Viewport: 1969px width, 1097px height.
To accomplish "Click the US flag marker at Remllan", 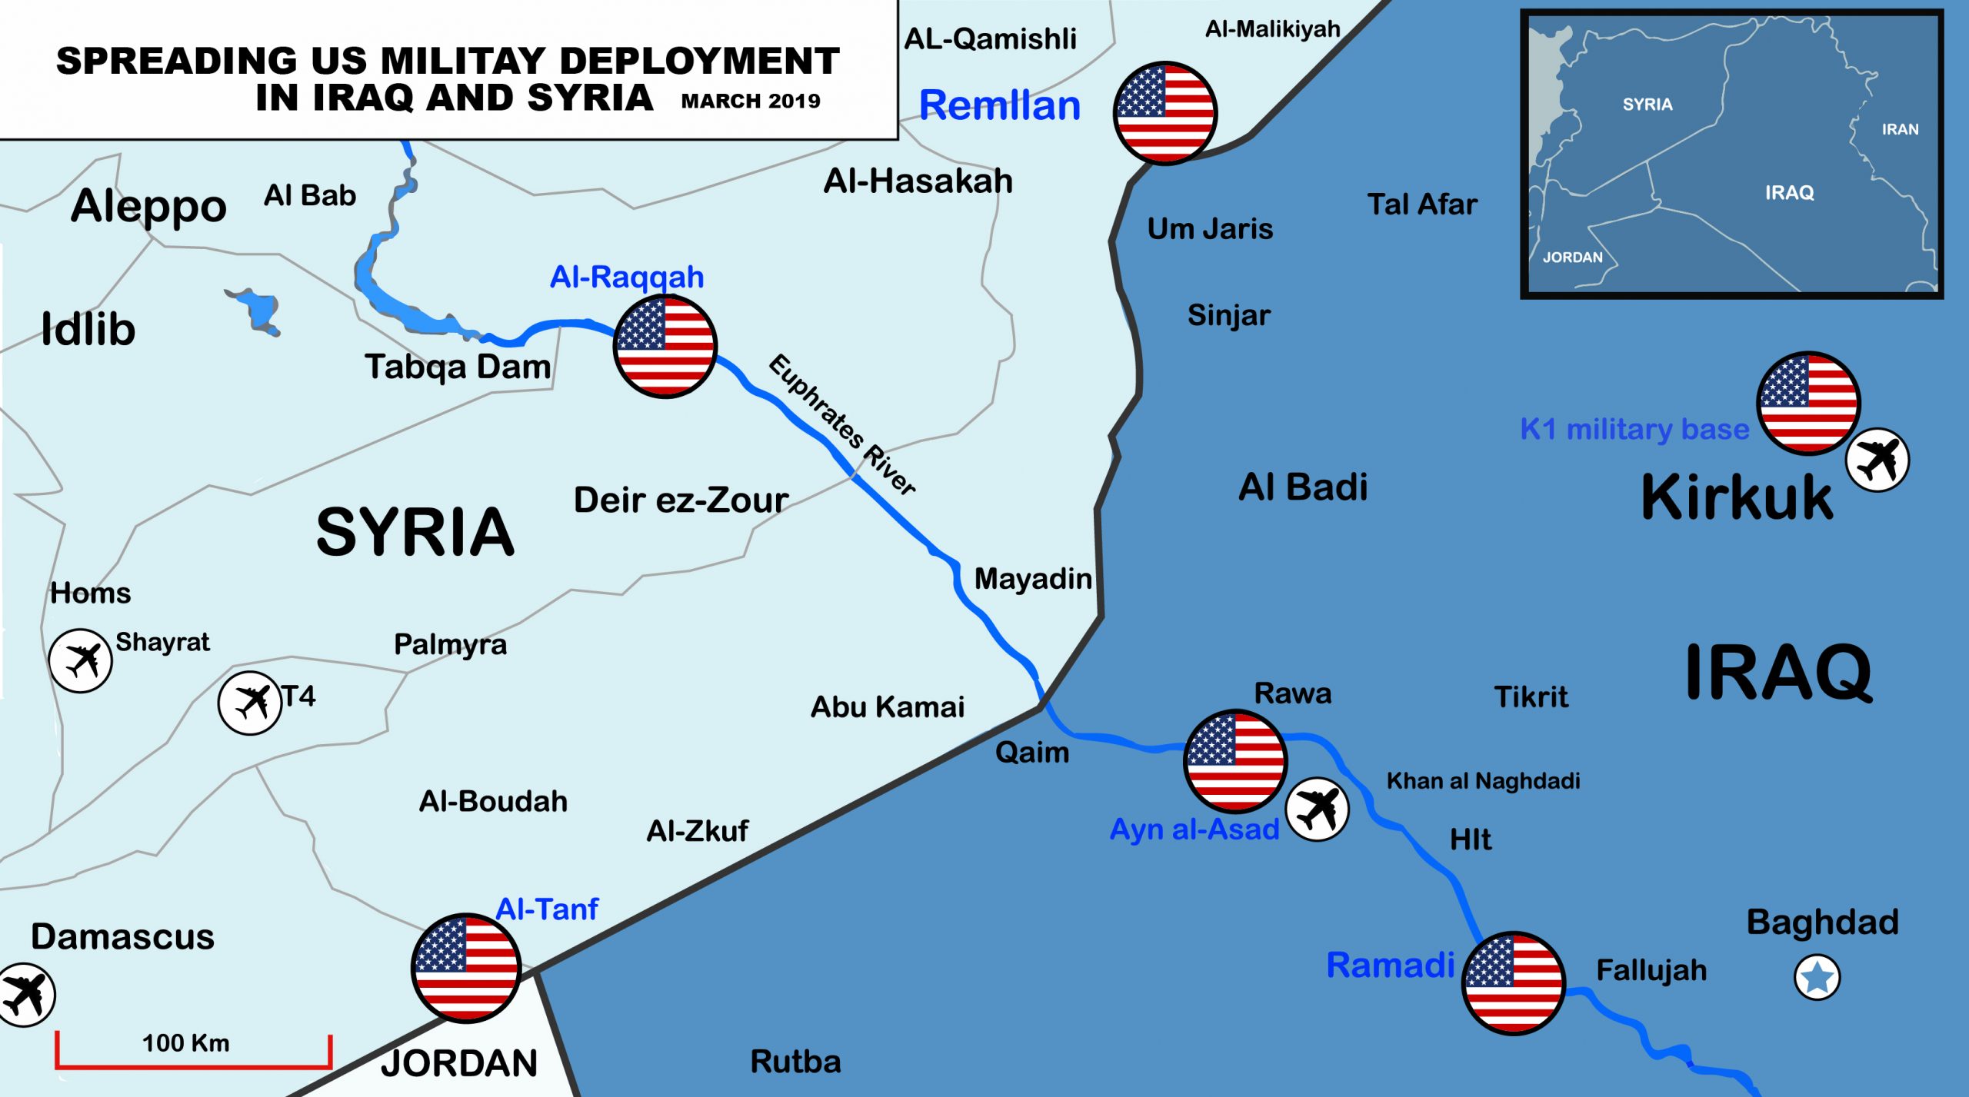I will pos(1165,113).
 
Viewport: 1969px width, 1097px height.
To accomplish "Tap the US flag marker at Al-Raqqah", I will pos(665,346).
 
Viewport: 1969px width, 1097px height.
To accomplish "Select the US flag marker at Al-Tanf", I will pos(466,968).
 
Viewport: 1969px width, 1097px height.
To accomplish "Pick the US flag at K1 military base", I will pos(1808,403).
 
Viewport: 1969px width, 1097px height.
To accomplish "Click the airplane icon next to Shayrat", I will pos(80,660).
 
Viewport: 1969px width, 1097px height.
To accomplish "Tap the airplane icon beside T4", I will pos(249,703).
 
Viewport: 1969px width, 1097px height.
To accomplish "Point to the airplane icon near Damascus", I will pos(25,995).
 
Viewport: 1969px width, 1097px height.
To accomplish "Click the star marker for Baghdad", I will pos(1817,977).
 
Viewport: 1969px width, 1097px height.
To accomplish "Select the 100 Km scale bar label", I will pos(185,1043).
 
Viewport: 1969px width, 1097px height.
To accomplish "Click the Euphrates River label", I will pos(842,424).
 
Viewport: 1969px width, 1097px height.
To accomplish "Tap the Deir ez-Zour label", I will pos(681,500).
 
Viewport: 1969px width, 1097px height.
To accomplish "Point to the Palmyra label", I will pos(450,644).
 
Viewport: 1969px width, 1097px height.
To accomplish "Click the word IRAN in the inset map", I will pos(1900,129).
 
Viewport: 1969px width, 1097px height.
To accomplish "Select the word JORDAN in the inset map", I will pos(1573,258).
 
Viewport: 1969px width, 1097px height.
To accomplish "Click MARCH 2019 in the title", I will pos(751,101).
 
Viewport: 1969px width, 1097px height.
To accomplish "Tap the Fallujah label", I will pos(1651,970).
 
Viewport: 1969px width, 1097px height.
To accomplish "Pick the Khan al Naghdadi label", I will pos(1483,781).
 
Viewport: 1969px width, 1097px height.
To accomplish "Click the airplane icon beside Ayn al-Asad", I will pos(1317,809).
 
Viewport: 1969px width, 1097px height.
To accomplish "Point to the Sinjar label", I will pos(1228,315).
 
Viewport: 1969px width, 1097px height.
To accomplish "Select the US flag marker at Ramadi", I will pos(1513,983).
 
